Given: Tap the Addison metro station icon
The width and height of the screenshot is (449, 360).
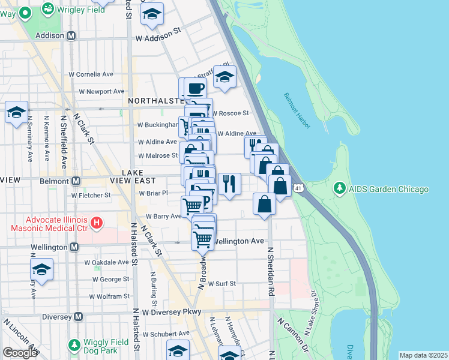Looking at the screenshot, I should coord(71,36).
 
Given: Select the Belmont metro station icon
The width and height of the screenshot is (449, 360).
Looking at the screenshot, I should coord(76,181).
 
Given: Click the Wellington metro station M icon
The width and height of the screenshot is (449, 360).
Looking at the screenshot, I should coord(74,247).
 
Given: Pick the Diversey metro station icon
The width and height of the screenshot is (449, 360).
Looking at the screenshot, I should coord(78,316).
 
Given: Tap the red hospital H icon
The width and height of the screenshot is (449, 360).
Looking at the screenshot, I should coord(97,225).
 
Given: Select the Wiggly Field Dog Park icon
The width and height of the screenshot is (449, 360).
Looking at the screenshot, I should coord(74,346).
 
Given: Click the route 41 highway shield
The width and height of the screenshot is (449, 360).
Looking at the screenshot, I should coord(298,188).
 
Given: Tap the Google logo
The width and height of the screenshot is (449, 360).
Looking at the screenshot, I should coord(20,353).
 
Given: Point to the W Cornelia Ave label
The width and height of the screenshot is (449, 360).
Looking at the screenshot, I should coord(91,74).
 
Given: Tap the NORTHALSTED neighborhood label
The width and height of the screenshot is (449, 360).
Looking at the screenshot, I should coord(154,101).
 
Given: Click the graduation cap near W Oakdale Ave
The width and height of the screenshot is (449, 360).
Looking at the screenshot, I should coord(41,269).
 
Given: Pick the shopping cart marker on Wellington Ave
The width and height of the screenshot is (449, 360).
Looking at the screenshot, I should coord(202,239).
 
